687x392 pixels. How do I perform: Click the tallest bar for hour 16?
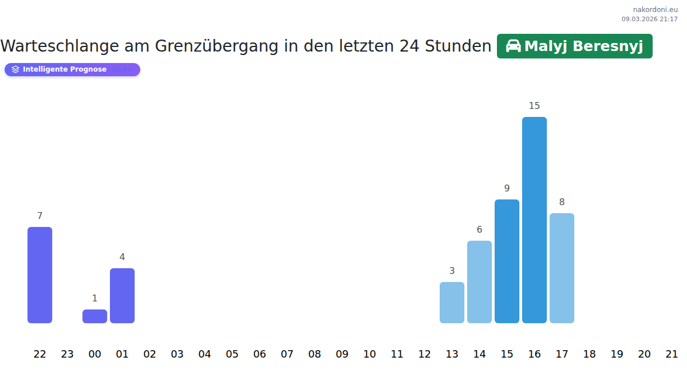pyautogui.click(x=534, y=220)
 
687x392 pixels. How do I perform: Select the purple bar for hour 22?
pyautogui.click(x=40, y=275)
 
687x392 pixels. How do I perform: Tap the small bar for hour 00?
pyautogui.click(x=94, y=316)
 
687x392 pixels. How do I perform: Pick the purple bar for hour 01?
pyautogui.click(x=122, y=296)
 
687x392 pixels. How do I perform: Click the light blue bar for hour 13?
pyautogui.click(x=452, y=303)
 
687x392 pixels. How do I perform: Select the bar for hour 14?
pyautogui.click(x=479, y=282)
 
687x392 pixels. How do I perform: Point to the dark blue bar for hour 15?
pyautogui.click(x=507, y=261)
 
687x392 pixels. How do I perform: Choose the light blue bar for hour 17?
pyautogui.click(x=562, y=268)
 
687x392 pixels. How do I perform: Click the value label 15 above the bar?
pyautogui.click(x=534, y=106)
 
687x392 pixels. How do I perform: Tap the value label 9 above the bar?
pyautogui.click(x=507, y=189)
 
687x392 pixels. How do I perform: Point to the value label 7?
pyautogui.click(x=40, y=216)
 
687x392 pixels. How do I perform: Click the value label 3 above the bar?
pyautogui.click(x=452, y=271)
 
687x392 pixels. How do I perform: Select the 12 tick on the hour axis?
pyautogui.click(x=424, y=354)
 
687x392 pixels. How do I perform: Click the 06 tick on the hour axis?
pyautogui.click(x=259, y=354)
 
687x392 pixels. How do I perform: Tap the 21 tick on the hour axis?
pyautogui.click(x=672, y=354)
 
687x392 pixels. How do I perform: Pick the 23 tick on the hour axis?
pyautogui.click(x=67, y=354)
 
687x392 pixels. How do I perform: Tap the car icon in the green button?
pyautogui.click(x=513, y=46)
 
